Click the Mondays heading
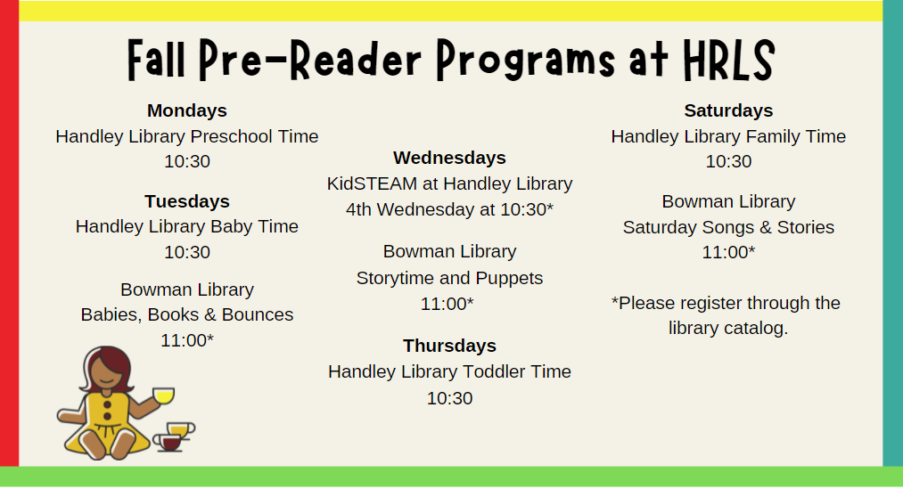point(187,110)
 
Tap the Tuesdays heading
point(187,201)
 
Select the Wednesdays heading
point(450,158)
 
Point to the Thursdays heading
point(450,346)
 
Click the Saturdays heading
point(728,110)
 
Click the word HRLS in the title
point(729,60)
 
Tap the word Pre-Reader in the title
point(310,60)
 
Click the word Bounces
point(258,314)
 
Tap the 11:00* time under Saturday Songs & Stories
point(728,252)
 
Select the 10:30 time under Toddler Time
point(450,398)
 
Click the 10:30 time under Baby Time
point(187,252)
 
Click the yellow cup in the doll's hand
point(163,395)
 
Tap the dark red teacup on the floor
point(169,443)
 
